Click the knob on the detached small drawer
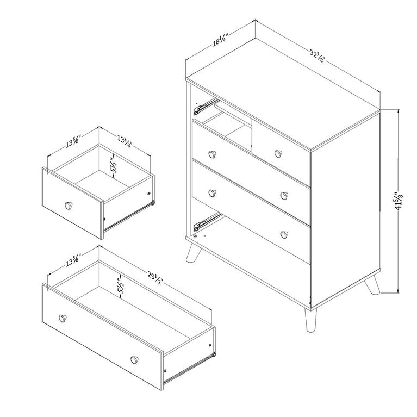(x=69, y=205)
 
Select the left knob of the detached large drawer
(x=61, y=318)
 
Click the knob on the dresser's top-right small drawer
(x=279, y=153)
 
